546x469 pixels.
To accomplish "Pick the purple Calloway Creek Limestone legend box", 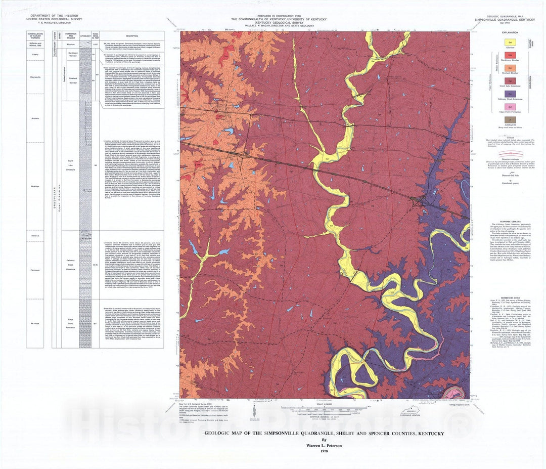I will [x=511, y=93].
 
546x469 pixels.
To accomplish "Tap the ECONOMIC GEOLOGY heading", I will [x=511, y=222].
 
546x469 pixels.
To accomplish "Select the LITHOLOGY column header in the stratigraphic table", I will [x=85, y=36].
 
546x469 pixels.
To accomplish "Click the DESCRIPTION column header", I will [x=131, y=36].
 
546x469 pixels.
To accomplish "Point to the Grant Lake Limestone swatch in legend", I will [x=511, y=80].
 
